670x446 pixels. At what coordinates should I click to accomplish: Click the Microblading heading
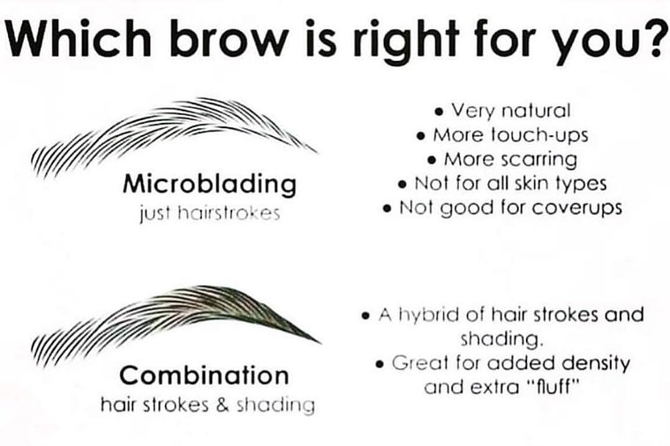209,185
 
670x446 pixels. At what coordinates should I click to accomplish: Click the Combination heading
204,375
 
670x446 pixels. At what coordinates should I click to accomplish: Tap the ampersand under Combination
222,405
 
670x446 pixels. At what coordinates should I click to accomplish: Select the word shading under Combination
275,405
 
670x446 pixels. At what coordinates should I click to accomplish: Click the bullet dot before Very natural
439,112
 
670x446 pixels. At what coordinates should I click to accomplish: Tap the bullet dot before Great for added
380,365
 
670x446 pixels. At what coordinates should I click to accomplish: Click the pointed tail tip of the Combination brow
320,342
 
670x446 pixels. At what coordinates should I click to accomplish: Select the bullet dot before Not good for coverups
388,209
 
